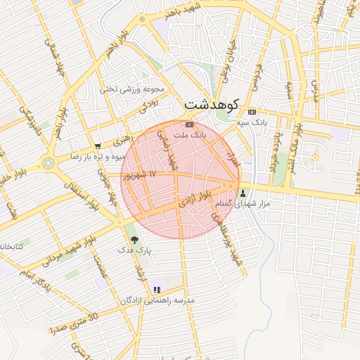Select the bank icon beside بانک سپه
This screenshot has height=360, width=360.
click(x=252, y=112)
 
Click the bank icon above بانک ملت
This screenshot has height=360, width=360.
click(x=188, y=124)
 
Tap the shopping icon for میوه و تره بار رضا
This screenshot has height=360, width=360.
click(x=97, y=146)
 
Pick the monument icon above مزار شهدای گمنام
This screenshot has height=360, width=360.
click(x=243, y=193)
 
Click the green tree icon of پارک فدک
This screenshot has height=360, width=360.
click(x=134, y=240)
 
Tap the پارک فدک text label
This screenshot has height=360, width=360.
click(x=134, y=250)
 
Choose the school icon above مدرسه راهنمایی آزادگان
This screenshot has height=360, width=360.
click(x=157, y=290)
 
